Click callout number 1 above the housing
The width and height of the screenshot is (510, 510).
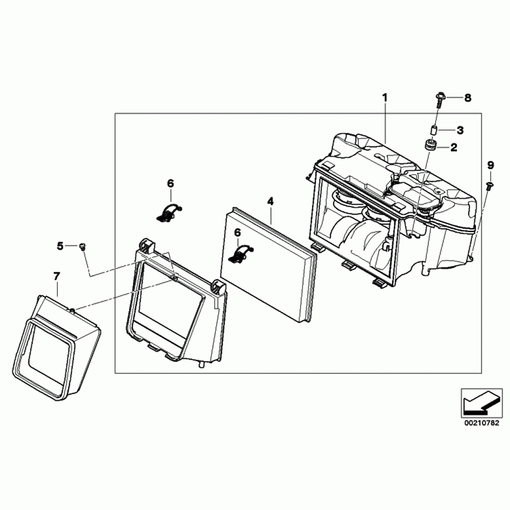point(385,98)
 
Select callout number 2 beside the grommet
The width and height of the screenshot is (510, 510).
point(454,148)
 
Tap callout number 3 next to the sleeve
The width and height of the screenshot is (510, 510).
point(460,130)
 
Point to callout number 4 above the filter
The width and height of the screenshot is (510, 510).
point(270,201)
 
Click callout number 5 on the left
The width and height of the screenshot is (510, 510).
point(60,246)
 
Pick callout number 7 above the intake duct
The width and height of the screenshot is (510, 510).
point(56,276)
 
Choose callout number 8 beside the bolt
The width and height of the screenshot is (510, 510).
point(467,98)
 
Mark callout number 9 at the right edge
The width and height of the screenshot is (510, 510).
point(491,165)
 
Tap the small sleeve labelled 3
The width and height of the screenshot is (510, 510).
point(434,130)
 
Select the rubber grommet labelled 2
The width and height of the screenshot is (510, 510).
point(431,145)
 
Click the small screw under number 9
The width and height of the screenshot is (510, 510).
point(489,186)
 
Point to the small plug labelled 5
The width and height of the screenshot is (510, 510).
point(82,247)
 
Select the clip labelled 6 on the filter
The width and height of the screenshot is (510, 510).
point(240,254)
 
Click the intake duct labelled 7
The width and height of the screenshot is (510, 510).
point(58,346)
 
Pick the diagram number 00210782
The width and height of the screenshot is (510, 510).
point(481,423)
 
